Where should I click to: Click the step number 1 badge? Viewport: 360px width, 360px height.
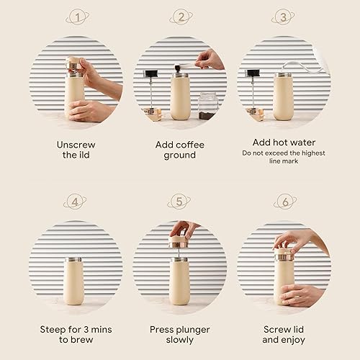coord(76,17)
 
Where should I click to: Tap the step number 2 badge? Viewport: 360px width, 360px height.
coord(180,17)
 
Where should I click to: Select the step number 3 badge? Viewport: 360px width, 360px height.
coord(284,17)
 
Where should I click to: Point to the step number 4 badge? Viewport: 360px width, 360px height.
coord(76,202)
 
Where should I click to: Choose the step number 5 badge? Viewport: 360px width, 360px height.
coord(180,202)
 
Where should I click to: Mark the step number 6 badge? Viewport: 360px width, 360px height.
coord(284,202)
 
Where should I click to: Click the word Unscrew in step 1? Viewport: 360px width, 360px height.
coord(76,145)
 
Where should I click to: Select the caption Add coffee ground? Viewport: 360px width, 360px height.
coord(180,150)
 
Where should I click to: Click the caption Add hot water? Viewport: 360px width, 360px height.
coord(284,142)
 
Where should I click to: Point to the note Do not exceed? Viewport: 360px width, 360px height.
coord(284,153)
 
